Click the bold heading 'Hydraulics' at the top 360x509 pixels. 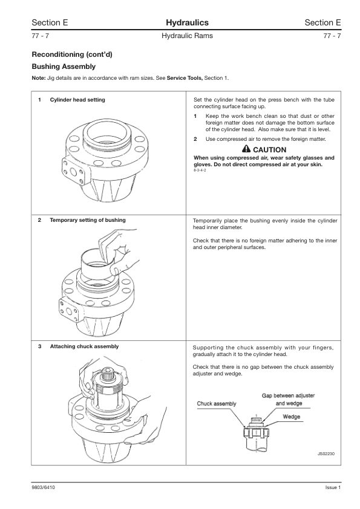tap(187, 22)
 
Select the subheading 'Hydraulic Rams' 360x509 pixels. tap(187, 36)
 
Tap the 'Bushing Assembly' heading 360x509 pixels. tap(64, 66)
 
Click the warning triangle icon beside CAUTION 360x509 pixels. tap(246, 149)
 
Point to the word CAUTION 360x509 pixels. tap(270, 150)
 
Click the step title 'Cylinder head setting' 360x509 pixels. tap(77, 100)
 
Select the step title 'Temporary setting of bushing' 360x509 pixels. tap(88, 220)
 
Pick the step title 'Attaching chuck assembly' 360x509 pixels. tap(85, 346)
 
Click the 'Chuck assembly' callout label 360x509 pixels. tap(217, 404)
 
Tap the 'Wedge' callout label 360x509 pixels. tap(292, 417)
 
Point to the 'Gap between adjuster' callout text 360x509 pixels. tap(288, 395)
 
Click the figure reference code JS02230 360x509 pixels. tap(326, 453)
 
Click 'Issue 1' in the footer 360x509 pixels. tap(333, 487)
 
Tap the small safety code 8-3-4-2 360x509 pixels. tap(200, 170)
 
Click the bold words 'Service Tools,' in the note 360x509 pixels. tap(185, 78)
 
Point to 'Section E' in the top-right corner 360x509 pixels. tap(322, 22)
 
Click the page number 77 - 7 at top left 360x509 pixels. tap(41, 36)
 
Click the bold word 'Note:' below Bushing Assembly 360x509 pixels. tap(38, 78)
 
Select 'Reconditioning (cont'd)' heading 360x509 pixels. tap(72, 54)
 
